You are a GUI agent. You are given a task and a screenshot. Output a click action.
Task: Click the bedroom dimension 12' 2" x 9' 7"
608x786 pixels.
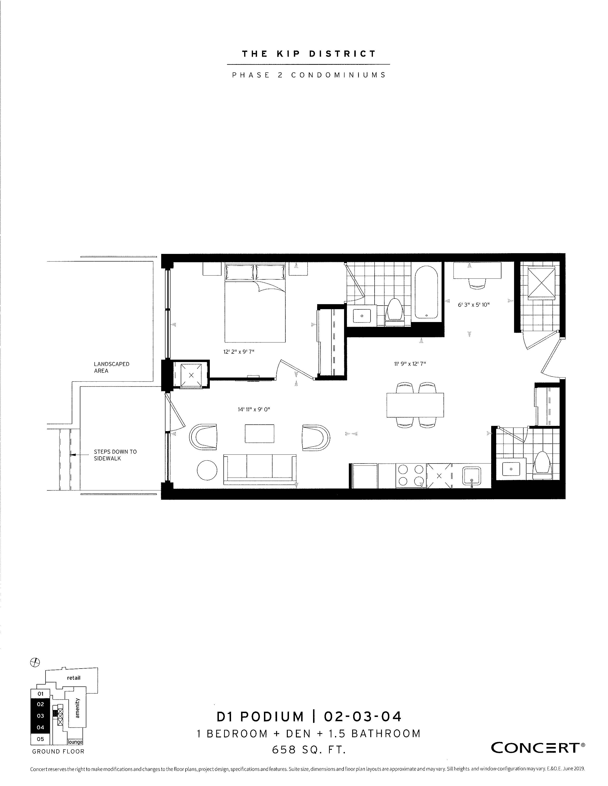pos(239,352)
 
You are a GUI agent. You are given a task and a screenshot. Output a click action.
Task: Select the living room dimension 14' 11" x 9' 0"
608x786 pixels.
pos(254,409)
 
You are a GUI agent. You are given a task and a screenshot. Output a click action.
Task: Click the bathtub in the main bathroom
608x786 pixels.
pos(427,292)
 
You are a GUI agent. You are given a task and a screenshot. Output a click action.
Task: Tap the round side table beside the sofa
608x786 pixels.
pos(207,470)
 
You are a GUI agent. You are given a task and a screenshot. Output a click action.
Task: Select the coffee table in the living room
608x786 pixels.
pos(259,434)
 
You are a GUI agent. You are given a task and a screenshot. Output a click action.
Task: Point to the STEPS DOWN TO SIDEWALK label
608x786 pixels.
pos(115,455)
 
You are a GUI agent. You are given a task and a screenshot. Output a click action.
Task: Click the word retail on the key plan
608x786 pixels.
pos(74,678)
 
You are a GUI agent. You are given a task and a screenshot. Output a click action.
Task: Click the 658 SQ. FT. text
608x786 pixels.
pos(309,750)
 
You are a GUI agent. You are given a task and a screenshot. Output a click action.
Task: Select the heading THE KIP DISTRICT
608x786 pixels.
pos(309,54)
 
